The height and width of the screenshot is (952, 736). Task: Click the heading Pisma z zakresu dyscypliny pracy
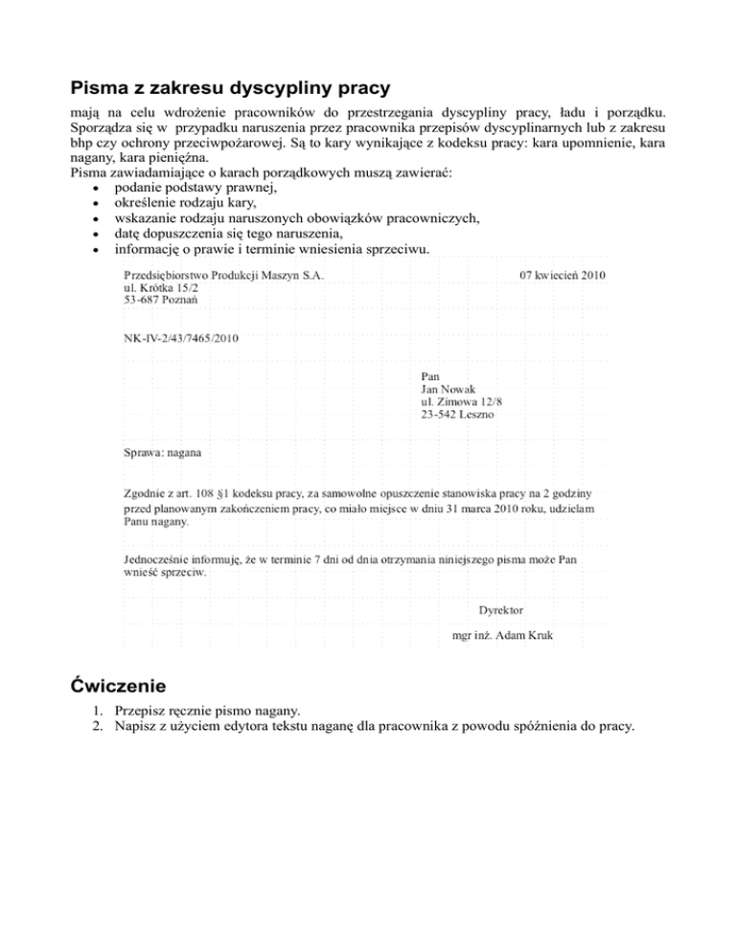click(230, 89)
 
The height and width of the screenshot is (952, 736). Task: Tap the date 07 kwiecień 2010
click(563, 275)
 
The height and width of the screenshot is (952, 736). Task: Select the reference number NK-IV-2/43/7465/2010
click(181, 338)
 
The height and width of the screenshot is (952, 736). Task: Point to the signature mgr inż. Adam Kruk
click(507, 635)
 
